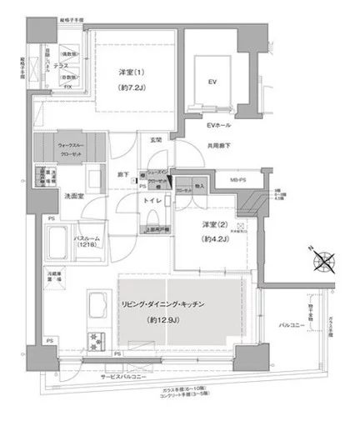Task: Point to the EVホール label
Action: pyautogui.click(x=219, y=127)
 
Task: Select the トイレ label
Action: pyautogui.click(x=151, y=200)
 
